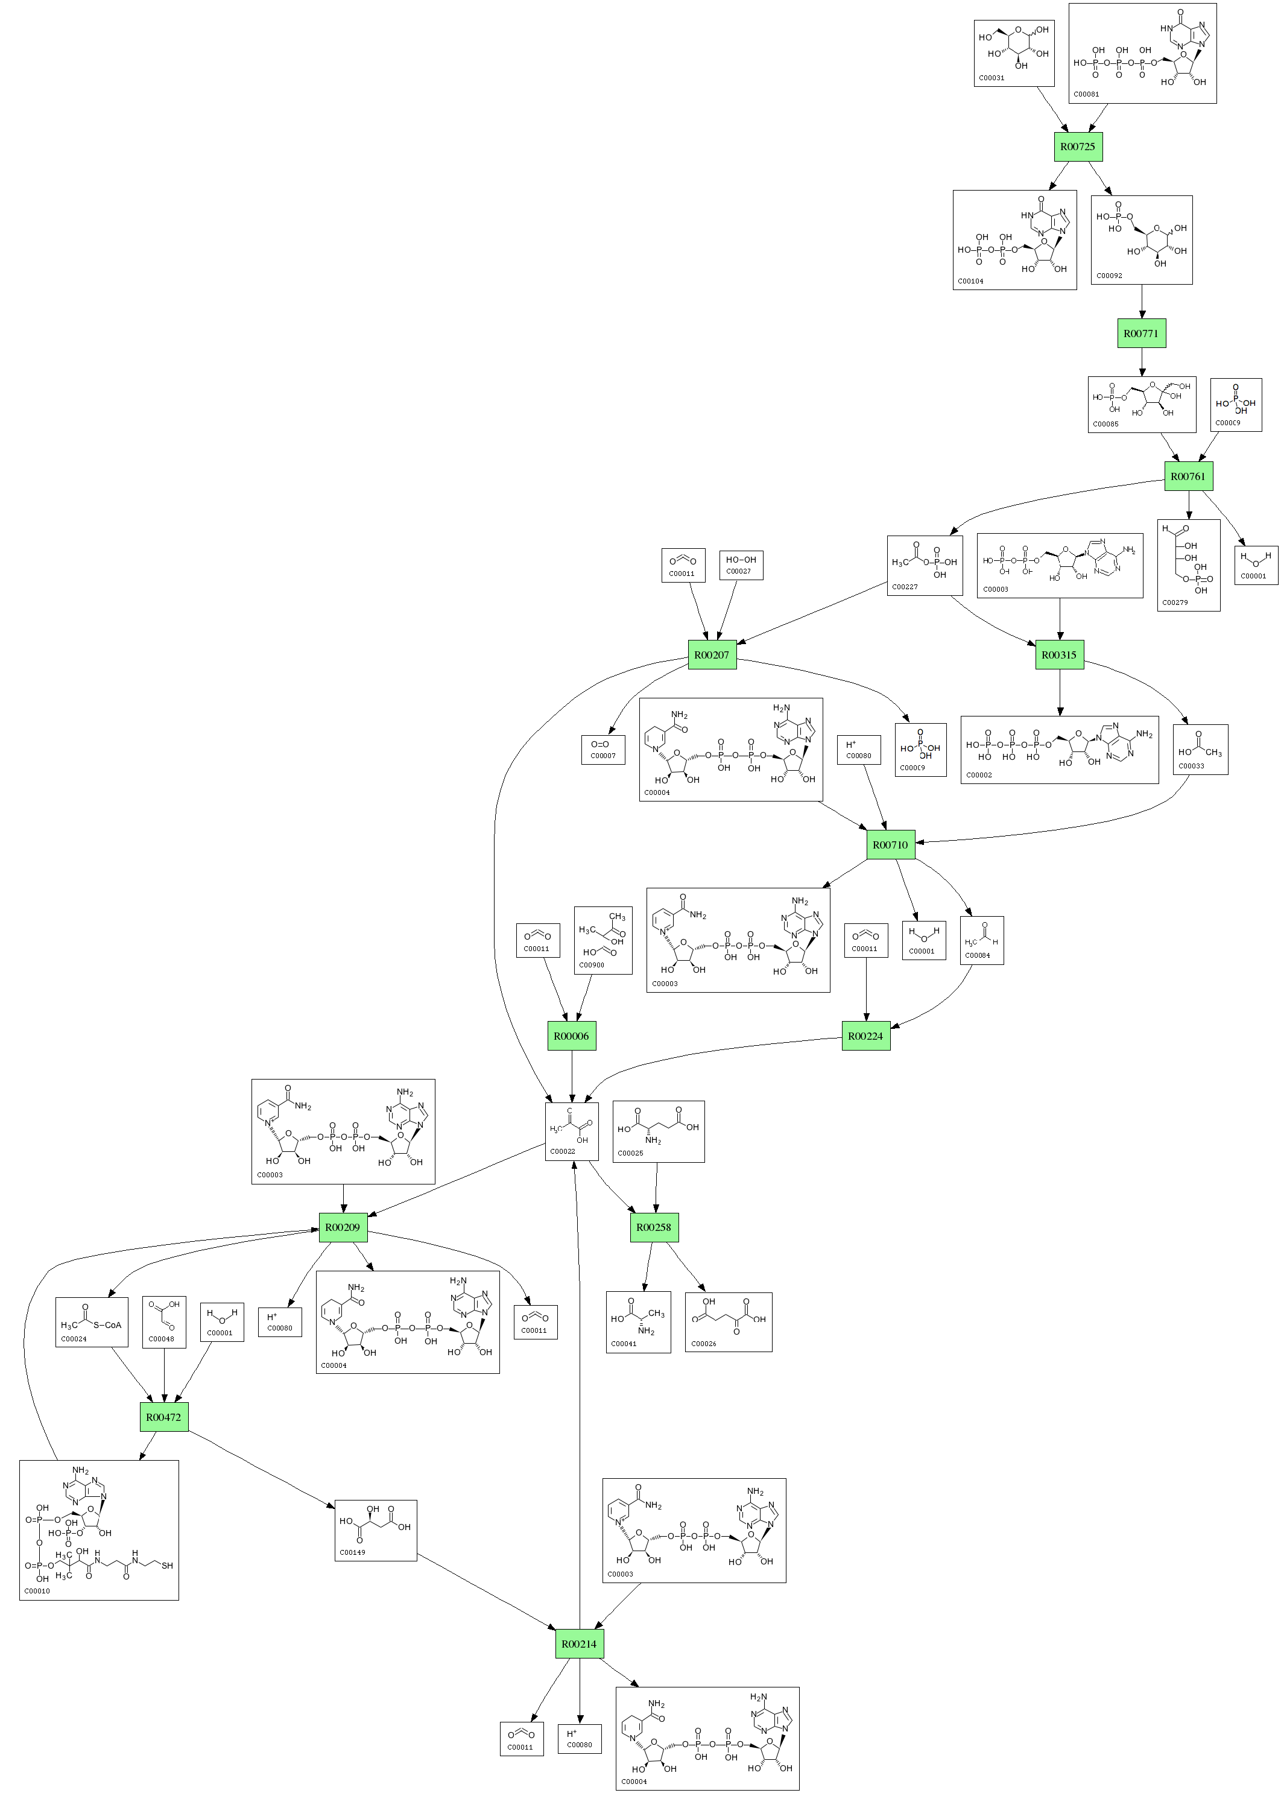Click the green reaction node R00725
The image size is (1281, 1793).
pos(1078,147)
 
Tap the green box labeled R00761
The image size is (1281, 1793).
pos(1188,476)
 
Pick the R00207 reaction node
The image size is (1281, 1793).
pos(712,655)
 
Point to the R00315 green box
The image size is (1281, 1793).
pos(1058,655)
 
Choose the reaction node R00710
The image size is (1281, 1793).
pos(890,845)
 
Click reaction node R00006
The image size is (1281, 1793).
pos(571,1036)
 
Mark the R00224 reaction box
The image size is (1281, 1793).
pos(865,1036)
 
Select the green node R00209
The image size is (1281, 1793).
pos(343,1227)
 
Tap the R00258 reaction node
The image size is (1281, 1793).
pos(654,1227)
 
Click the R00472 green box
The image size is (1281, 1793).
pos(163,1417)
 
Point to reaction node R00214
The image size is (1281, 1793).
pos(579,1644)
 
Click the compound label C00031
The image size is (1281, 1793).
pos(992,78)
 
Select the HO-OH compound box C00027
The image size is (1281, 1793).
pos(741,565)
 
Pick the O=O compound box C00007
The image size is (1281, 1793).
pos(603,750)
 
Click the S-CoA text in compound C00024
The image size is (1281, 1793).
pos(107,1325)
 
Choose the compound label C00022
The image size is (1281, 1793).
pos(563,1151)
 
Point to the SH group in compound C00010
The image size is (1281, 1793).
pos(167,1566)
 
